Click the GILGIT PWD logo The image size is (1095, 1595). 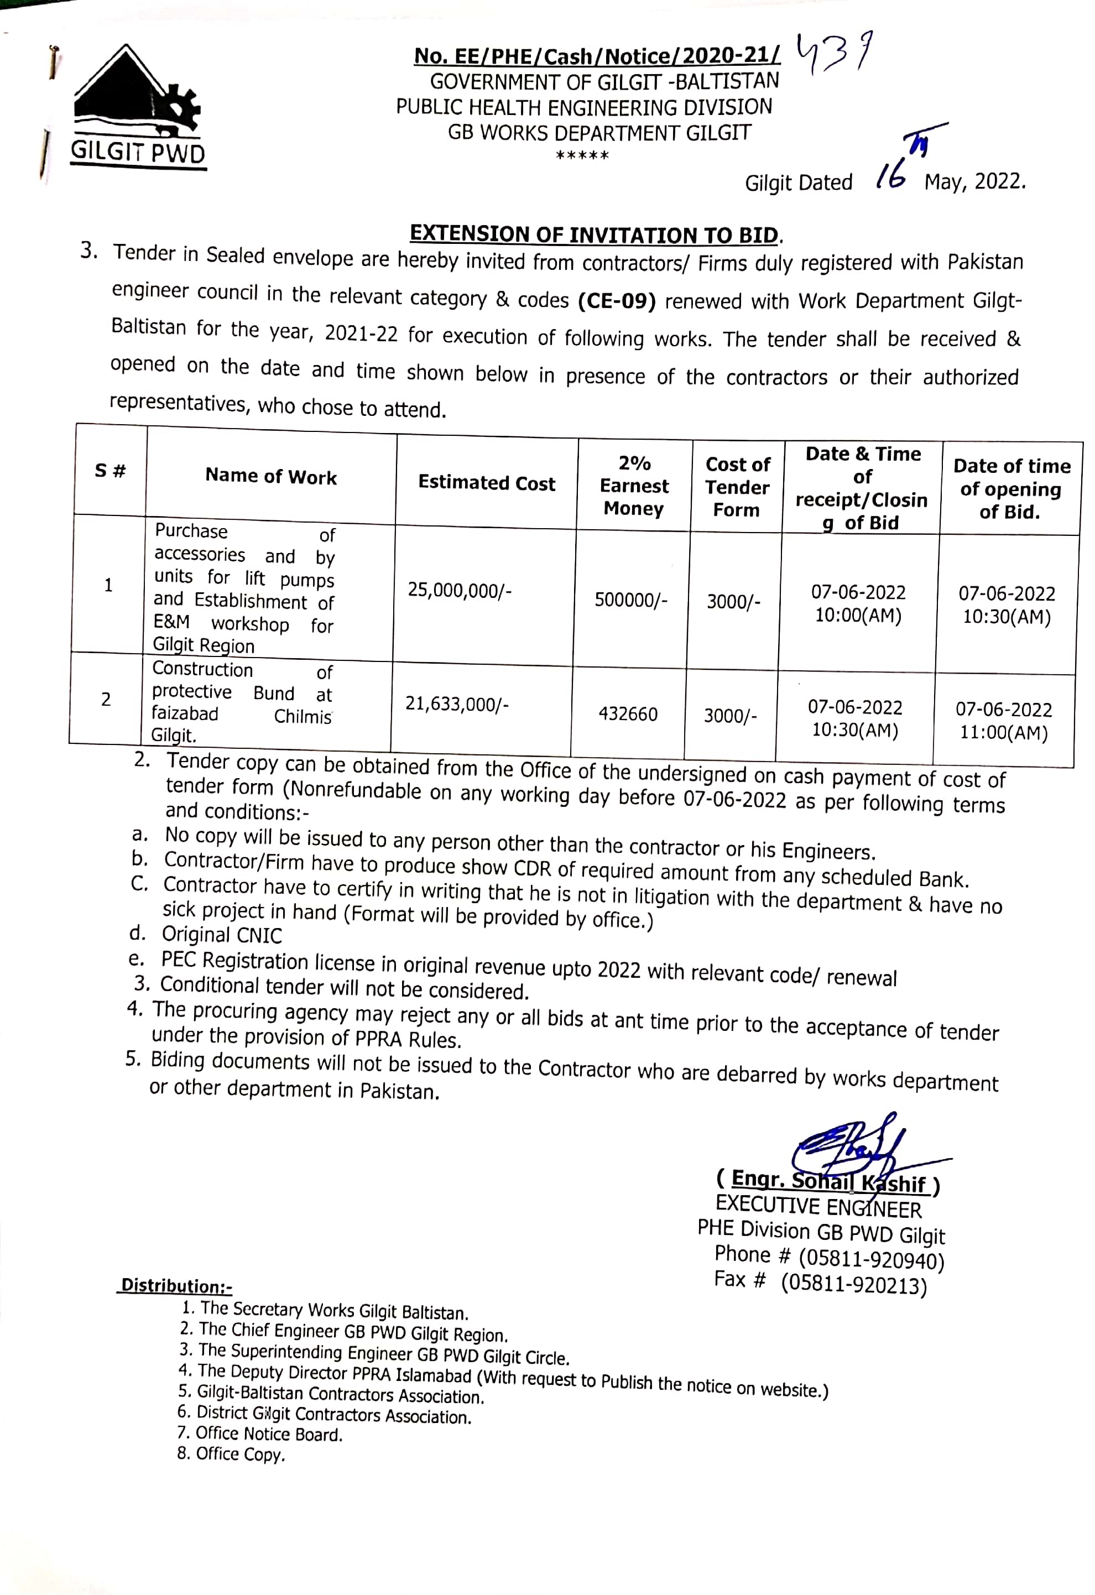[137, 106]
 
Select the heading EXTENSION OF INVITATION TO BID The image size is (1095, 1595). [594, 234]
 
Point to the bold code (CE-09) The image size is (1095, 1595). [617, 301]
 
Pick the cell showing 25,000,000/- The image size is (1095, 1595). [459, 590]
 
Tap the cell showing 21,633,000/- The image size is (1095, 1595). [456, 703]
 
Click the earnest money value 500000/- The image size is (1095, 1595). [630, 600]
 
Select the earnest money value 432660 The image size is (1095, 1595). [628, 714]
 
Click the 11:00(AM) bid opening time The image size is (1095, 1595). [1003, 732]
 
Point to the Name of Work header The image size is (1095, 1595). [271, 476]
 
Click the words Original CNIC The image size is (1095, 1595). [222, 935]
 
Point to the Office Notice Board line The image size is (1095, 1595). [268, 1434]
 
